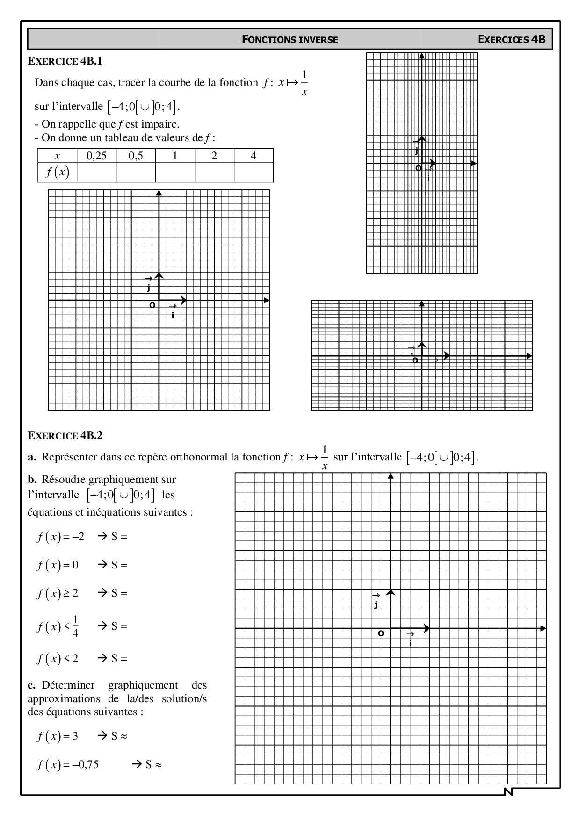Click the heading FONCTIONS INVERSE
click(x=290, y=40)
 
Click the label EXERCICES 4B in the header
click(x=511, y=39)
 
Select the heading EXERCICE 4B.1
click(x=65, y=61)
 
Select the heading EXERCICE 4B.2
click(x=65, y=435)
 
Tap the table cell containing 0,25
click(x=96, y=156)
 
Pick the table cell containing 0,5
click(x=136, y=156)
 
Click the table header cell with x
click(x=57, y=156)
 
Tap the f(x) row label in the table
click(x=57, y=173)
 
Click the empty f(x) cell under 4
click(x=253, y=173)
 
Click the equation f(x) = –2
click(x=61, y=537)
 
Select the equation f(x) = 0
click(x=58, y=565)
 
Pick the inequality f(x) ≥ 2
click(x=58, y=594)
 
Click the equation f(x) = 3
click(x=58, y=736)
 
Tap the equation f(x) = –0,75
click(x=68, y=765)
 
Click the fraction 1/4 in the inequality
click(x=75, y=627)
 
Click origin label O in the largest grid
click(x=381, y=633)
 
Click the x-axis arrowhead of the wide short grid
click(x=529, y=356)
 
